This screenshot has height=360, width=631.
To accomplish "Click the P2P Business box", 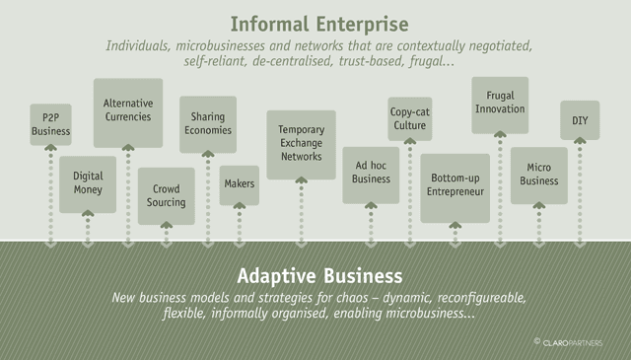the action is pos(50,124).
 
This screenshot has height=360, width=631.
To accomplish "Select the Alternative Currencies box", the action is pos(128,112).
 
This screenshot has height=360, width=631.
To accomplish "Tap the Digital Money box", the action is pos(88,184).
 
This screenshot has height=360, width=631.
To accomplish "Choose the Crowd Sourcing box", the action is pos(167,196).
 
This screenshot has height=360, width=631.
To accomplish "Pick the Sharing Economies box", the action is pos(208,124).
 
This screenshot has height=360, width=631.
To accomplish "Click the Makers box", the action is pos(240,185).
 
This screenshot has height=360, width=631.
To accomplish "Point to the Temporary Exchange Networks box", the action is pos(302,145).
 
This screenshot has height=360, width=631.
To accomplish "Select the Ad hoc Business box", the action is pos(371,176).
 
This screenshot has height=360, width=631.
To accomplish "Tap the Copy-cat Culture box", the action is pos(410,118).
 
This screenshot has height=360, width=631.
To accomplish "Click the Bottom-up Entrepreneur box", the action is pos(456,188).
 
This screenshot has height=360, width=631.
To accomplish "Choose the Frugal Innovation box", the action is pos(500,106).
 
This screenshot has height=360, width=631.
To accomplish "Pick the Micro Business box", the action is pos(539,176).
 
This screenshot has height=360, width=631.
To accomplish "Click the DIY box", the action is pos(580,120).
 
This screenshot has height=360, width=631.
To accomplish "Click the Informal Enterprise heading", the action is pos(319,24).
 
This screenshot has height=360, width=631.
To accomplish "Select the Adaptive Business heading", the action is pos(319,276).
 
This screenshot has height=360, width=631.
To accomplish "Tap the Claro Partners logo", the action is pos(568,342).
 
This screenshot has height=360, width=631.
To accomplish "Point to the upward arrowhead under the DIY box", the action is pos(580,140).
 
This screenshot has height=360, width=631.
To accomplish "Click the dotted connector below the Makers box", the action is pos(240,225).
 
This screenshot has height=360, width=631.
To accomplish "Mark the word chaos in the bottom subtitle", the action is pos(352,298).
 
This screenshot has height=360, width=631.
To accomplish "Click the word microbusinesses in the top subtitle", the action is pos(221,45).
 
